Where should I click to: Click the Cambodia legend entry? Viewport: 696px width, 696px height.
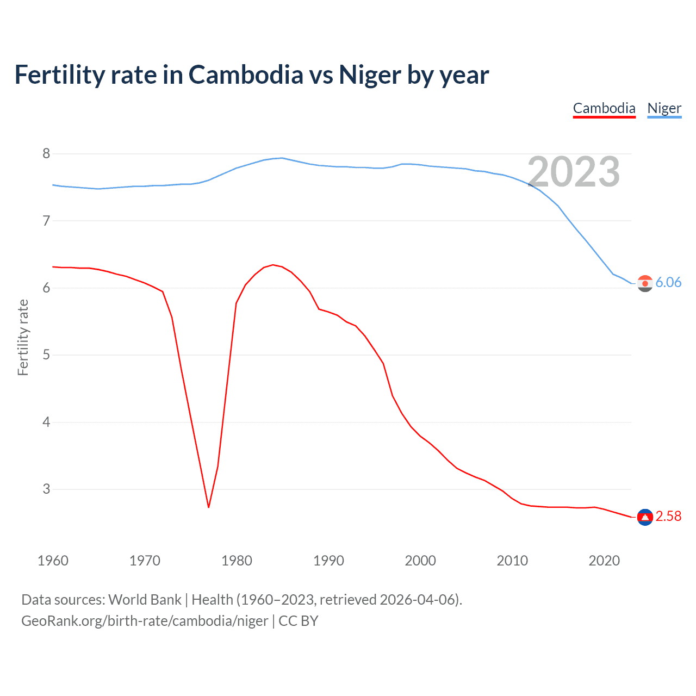tap(604, 108)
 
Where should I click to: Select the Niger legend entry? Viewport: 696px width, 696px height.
tap(664, 108)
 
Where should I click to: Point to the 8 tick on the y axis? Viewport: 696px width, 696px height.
tap(46, 154)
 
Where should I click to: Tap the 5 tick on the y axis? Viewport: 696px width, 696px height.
tap(46, 355)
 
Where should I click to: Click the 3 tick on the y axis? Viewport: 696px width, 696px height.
tap(46, 489)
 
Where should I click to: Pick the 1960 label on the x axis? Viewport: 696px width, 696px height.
tap(53, 561)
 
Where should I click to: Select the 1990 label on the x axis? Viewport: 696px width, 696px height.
tap(328, 561)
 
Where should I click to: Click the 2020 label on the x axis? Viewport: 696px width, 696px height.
tap(604, 561)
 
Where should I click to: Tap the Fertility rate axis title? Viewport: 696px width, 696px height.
tap(23, 337)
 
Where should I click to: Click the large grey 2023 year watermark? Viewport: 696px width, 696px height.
tap(574, 172)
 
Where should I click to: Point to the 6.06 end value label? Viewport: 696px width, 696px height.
tap(668, 283)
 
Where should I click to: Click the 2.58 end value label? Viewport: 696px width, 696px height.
tap(668, 517)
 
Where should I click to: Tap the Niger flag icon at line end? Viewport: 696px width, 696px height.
tap(645, 283)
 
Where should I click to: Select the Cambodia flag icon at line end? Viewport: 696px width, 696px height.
tap(645, 517)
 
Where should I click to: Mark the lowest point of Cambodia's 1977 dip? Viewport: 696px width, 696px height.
tap(208, 507)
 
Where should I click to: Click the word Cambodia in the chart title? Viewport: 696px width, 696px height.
tap(246, 74)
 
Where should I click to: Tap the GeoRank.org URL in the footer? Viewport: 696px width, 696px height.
tap(145, 621)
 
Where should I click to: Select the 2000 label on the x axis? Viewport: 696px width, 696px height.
tap(420, 561)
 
